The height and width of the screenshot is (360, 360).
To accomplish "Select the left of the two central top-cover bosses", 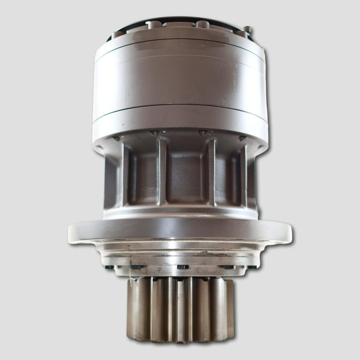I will pos(153,24).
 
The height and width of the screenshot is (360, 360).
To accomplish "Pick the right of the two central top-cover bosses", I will pos(203,24).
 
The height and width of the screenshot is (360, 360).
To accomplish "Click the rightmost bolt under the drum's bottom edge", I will pos(242,138).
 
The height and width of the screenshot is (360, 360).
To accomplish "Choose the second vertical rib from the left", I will pos(161,172).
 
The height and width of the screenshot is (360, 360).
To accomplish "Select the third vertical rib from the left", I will pos(211,172).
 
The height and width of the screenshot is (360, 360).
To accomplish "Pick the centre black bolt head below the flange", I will pos(182,267).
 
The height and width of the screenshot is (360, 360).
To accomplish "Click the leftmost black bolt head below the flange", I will pos(110,267).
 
